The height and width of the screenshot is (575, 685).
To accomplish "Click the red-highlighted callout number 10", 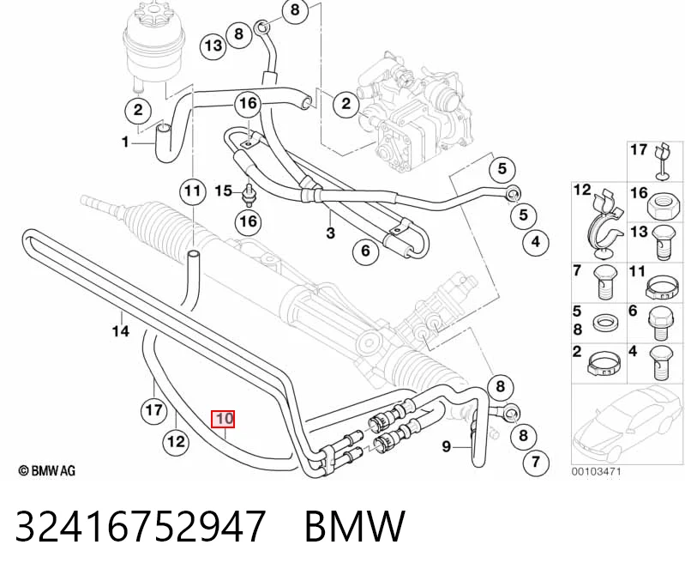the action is click(x=223, y=419).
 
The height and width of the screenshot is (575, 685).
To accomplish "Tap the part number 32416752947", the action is click(x=141, y=526).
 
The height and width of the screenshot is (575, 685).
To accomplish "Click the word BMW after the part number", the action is click(x=355, y=526).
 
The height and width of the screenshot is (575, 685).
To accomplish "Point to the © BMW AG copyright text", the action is click(x=47, y=470).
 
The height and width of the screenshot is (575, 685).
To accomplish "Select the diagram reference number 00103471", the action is click(x=597, y=471).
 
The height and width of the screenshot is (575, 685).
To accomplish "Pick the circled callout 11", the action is click(x=192, y=191).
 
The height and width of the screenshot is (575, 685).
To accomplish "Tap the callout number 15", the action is click(x=223, y=191).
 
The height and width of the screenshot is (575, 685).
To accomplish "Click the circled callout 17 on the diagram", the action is click(x=153, y=410).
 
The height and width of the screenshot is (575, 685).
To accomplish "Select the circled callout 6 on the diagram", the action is click(x=366, y=251).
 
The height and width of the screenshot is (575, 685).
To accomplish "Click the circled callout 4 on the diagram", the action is click(x=536, y=241).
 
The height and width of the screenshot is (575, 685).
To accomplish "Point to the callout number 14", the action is click(x=121, y=331).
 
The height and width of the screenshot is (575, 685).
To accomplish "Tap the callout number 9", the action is click(x=446, y=446).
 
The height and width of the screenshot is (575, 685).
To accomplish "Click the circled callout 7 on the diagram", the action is click(x=536, y=462).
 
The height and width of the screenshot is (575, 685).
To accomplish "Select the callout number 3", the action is click(x=330, y=233).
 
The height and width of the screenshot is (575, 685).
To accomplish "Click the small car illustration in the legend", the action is click(x=626, y=424).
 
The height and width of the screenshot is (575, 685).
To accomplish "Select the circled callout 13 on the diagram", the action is click(x=213, y=45).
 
